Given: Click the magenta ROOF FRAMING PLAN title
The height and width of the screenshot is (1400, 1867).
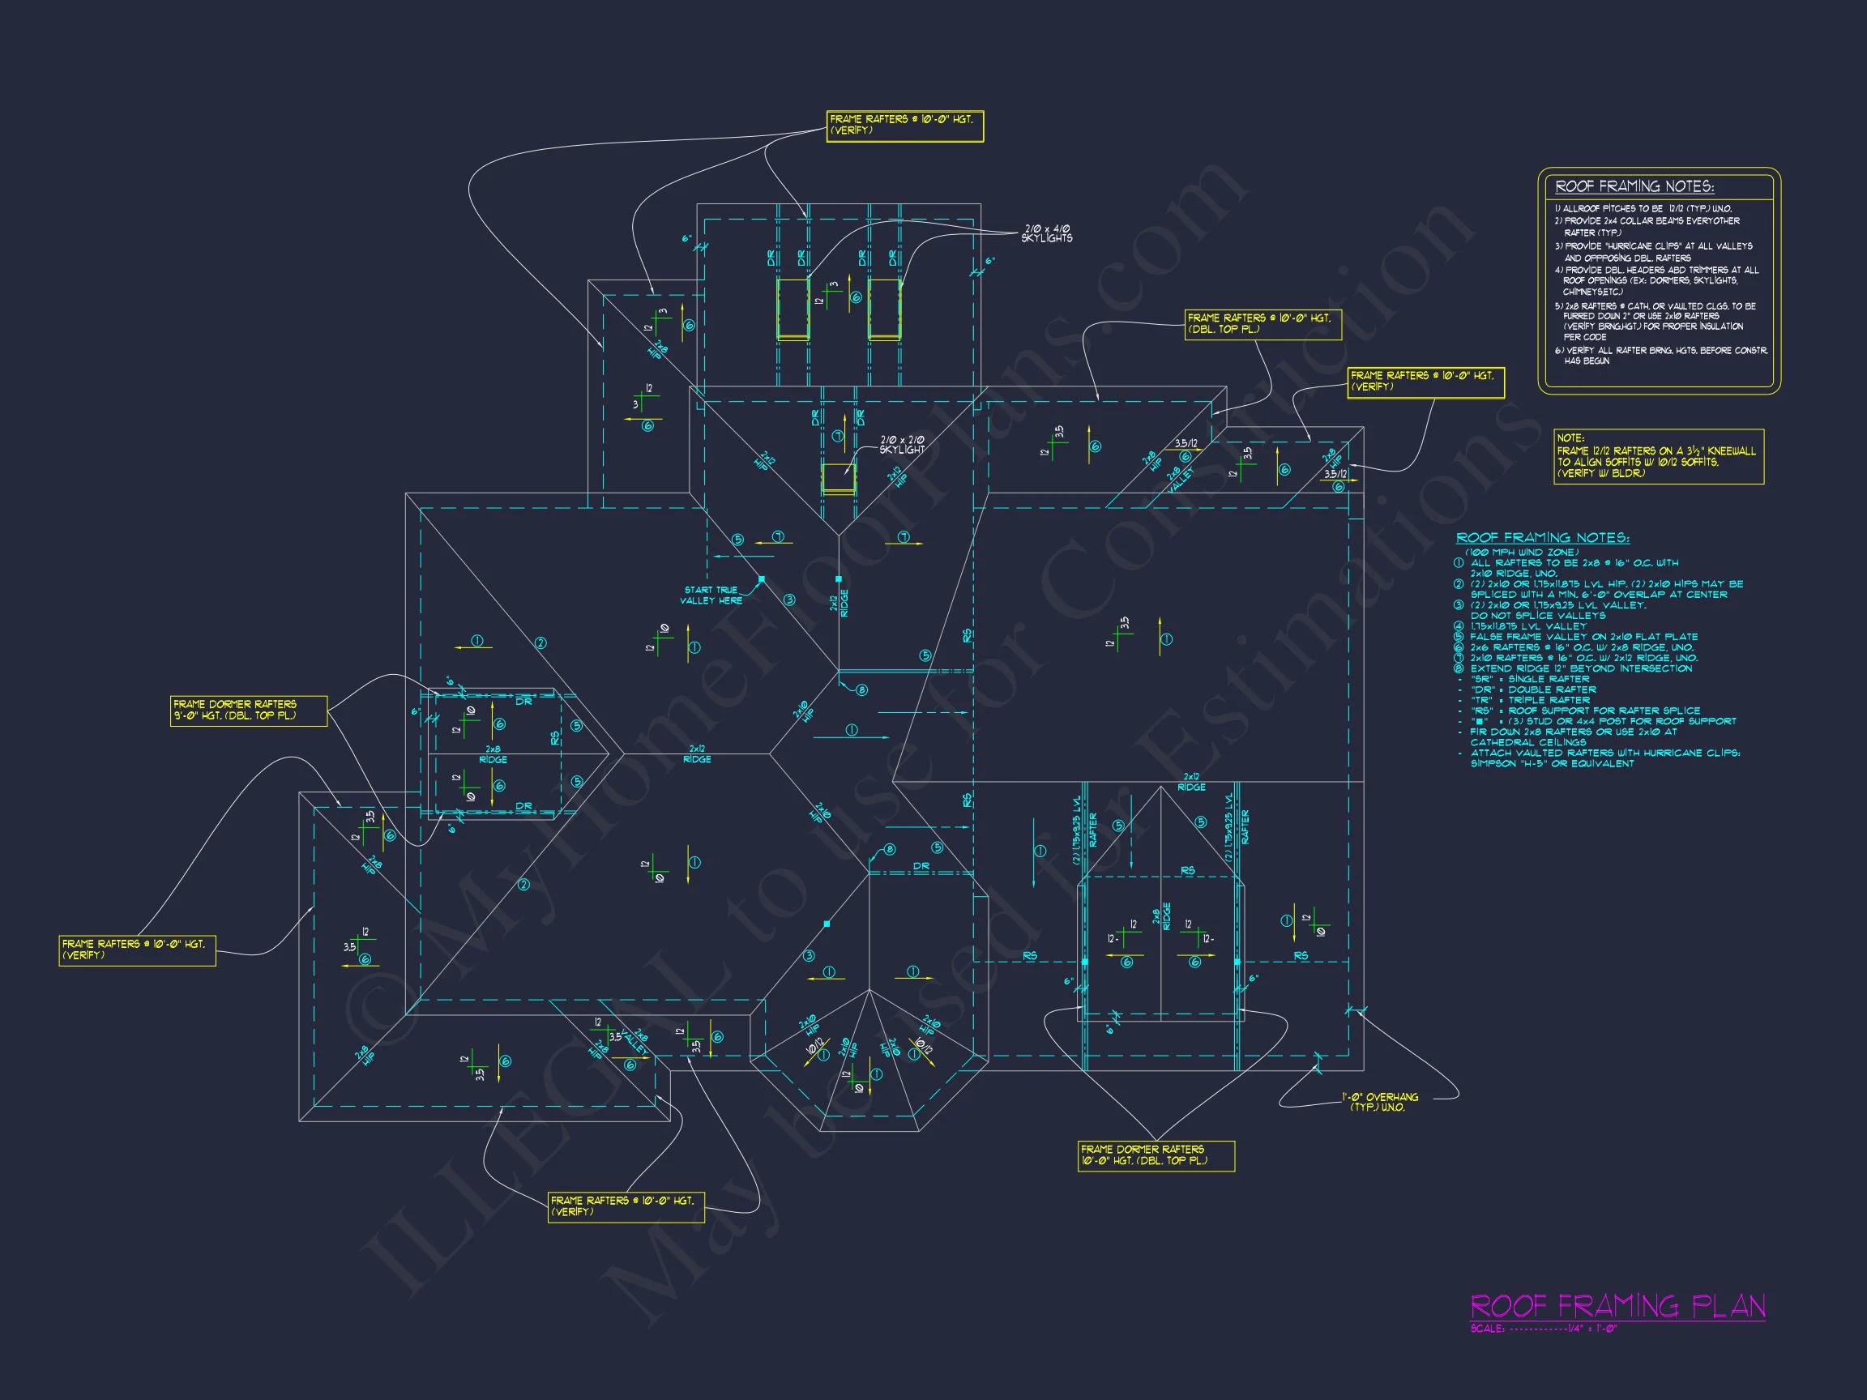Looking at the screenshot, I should coord(1617,1306).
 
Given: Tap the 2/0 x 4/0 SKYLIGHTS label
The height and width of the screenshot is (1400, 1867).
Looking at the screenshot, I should coord(1047,234).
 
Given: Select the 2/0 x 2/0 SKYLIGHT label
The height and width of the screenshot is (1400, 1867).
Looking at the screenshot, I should coord(902,445).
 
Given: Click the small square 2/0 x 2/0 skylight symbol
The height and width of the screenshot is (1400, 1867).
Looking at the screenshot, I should coord(838,479).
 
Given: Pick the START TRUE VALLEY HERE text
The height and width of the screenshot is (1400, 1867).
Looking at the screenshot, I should coord(711,595).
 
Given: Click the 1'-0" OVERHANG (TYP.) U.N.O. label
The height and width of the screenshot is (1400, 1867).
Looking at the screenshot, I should coord(1380,1102).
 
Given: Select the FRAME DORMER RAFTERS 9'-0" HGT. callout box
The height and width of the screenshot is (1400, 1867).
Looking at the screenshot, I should coord(248,710).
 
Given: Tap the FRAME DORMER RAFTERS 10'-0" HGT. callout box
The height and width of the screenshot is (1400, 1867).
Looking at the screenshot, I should coord(1156,1155).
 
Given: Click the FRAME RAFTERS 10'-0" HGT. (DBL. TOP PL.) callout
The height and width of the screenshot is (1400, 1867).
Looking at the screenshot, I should coord(1262,324).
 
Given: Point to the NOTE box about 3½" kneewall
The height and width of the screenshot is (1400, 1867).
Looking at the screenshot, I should coord(1659,457).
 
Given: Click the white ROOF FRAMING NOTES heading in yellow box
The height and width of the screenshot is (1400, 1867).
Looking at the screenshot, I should coord(1634,186).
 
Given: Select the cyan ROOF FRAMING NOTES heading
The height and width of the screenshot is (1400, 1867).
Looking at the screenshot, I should coord(1542,537).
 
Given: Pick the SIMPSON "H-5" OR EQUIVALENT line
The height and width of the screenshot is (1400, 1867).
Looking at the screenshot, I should coord(1551,764).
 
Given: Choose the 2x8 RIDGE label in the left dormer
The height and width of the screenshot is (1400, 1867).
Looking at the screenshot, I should coord(493,754).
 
